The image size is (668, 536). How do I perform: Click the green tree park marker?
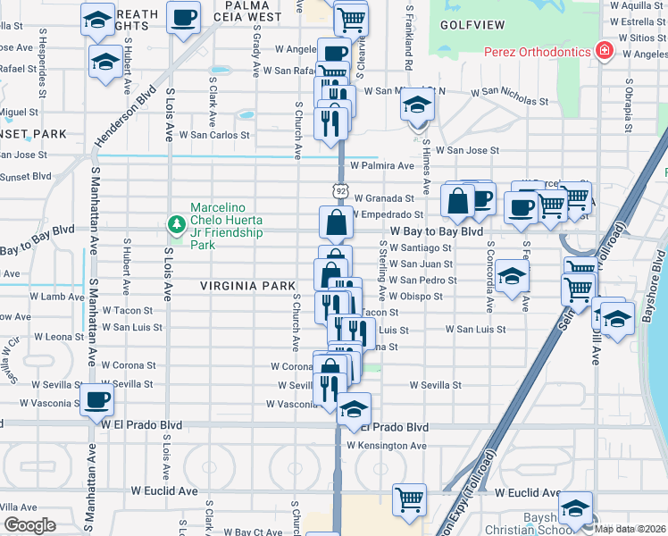[x=177, y=222]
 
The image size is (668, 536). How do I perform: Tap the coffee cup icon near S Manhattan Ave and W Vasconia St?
[x=96, y=399]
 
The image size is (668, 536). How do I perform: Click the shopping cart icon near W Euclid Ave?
[x=409, y=498]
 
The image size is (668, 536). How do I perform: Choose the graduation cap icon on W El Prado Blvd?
[x=354, y=408]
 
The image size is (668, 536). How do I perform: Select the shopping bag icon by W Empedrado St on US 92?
[x=335, y=222]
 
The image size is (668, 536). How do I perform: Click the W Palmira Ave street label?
[x=382, y=165]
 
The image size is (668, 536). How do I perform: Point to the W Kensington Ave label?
[x=388, y=445]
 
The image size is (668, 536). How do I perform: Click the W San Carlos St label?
[x=214, y=136]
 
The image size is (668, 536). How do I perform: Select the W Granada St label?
[x=384, y=198]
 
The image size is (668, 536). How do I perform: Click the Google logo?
[x=29, y=525]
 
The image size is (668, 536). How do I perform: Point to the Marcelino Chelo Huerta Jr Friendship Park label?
[x=227, y=226]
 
